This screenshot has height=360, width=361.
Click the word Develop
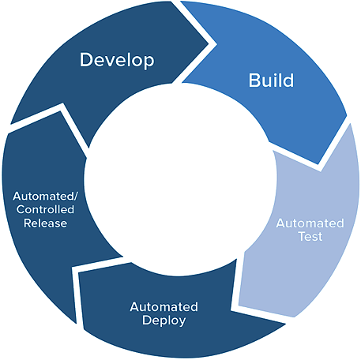click(117, 60)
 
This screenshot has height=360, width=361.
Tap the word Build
click(271, 81)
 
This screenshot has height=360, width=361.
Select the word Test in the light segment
click(310, 236)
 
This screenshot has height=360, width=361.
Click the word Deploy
click(164, 321)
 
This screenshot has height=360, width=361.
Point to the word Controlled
click(45, 209)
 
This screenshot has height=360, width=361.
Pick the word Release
click(45, 223)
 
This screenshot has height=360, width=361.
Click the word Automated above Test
click(310, 223)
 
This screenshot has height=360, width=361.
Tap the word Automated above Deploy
click(164, 307)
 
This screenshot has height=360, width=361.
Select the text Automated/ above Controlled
click(46, 196)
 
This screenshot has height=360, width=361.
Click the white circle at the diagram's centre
click(180, 180)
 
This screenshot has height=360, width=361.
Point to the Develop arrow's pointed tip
click(209, 43)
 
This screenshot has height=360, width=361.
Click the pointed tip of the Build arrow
click(318, 163)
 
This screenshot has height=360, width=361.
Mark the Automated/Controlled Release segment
click(45, 211)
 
